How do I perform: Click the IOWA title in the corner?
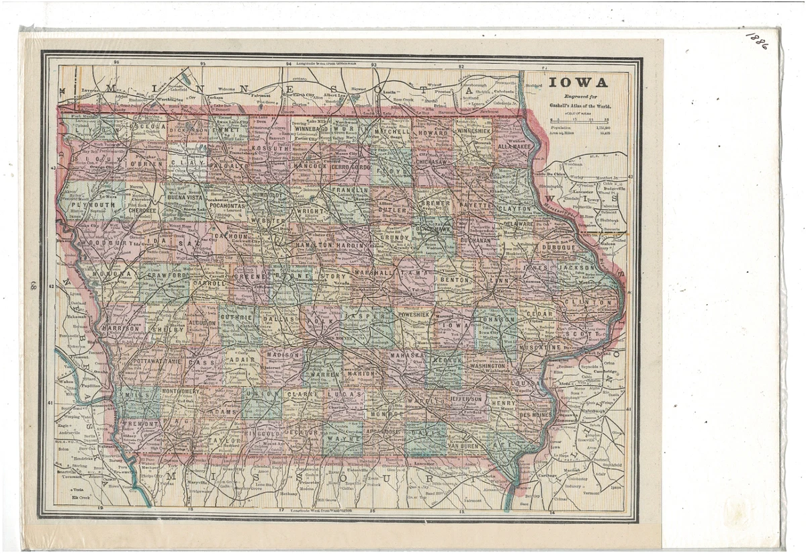click(x=578, y=84)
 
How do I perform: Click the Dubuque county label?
click(x=557, y=247)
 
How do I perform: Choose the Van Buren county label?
click(x=463, y=446)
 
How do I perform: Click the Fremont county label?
click(x=142, y=424)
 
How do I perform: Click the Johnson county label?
click(x=498, y=320)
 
